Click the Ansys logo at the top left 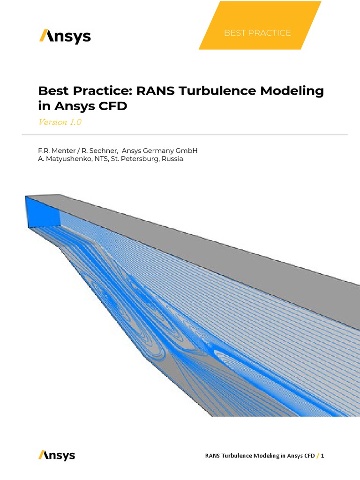point(65,36)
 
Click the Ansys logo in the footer point(57,455)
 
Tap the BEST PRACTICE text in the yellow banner point(257,33)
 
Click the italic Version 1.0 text point(60,122)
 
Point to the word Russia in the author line point(172,159)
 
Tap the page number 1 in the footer point(323,456)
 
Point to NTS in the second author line point(97,159)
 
